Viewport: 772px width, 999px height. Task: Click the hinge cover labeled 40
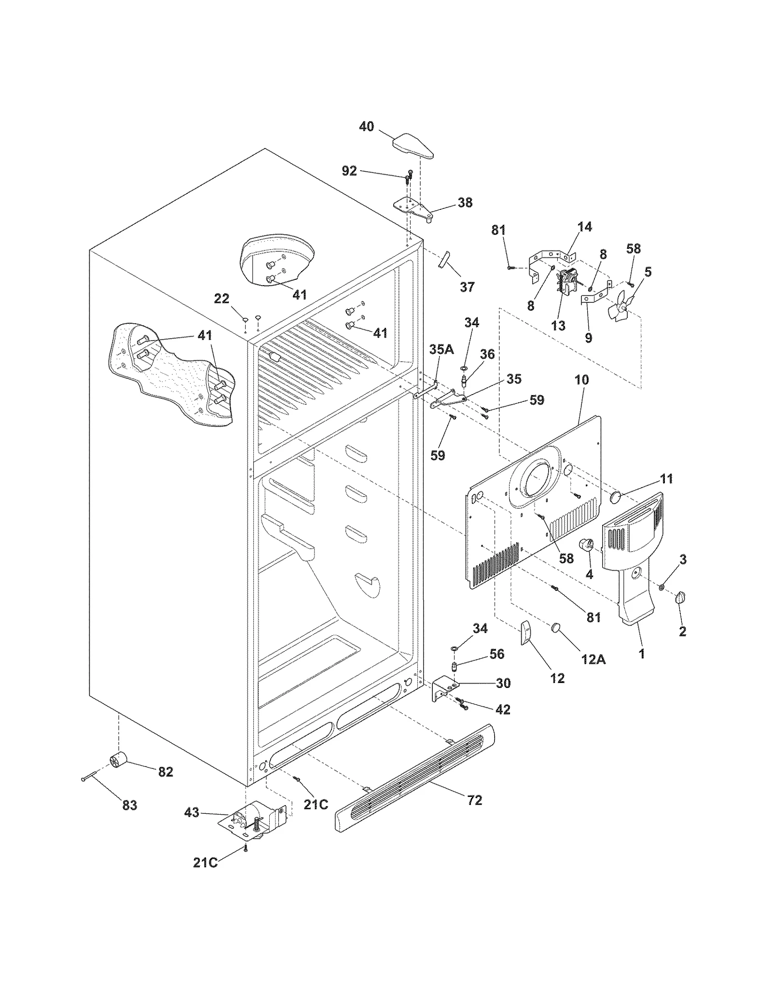click(x=413, y=147)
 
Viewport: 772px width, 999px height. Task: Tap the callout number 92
click(x=349, y=171)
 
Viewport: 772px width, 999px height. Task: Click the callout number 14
click(x=584, y=227)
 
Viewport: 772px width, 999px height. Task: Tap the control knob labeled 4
click(x=587, y=545)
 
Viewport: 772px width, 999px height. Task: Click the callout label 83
click(x=129, y=805)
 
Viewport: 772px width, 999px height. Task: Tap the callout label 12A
click(x=593, y=659)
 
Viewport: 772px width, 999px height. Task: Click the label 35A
click(x=441, y=349)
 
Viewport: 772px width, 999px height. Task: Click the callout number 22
click(x=221, y=299)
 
